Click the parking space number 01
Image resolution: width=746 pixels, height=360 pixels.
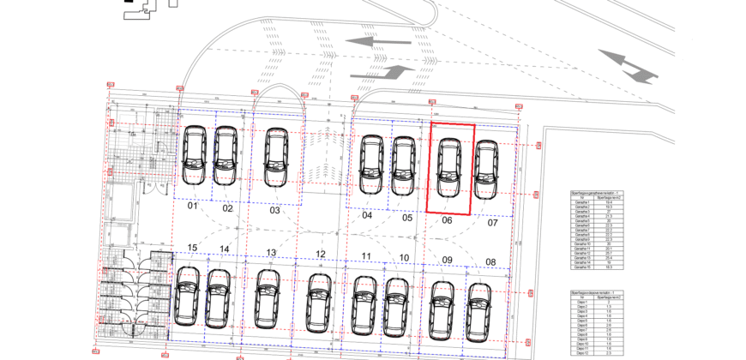pyautogui.click(x=193, y=207)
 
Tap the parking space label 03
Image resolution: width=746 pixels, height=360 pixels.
pyautogui.click(x=275, y=210)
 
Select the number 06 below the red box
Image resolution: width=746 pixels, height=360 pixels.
pyautogui.click(x=447, y=219)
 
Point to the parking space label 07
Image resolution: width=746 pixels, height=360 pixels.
pyautogui.click(x=492, y=223)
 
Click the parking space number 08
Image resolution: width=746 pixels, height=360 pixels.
pyautogui.click(x=490, y=261)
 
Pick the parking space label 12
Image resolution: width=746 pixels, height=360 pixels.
pyautogui.click(x=321, y=254)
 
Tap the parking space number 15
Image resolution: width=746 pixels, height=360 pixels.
pyautogui.click(x=193, y=248)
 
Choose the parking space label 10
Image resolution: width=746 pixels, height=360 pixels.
pyautogui.click(x=404, y=258)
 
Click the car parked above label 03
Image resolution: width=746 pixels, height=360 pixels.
pyautogui.click(x=275, y=158)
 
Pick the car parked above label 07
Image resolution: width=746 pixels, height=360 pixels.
pyautogui.click(x=486, y=171)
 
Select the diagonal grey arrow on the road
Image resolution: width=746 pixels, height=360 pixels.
pyautogui.click(x=628, y=66)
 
